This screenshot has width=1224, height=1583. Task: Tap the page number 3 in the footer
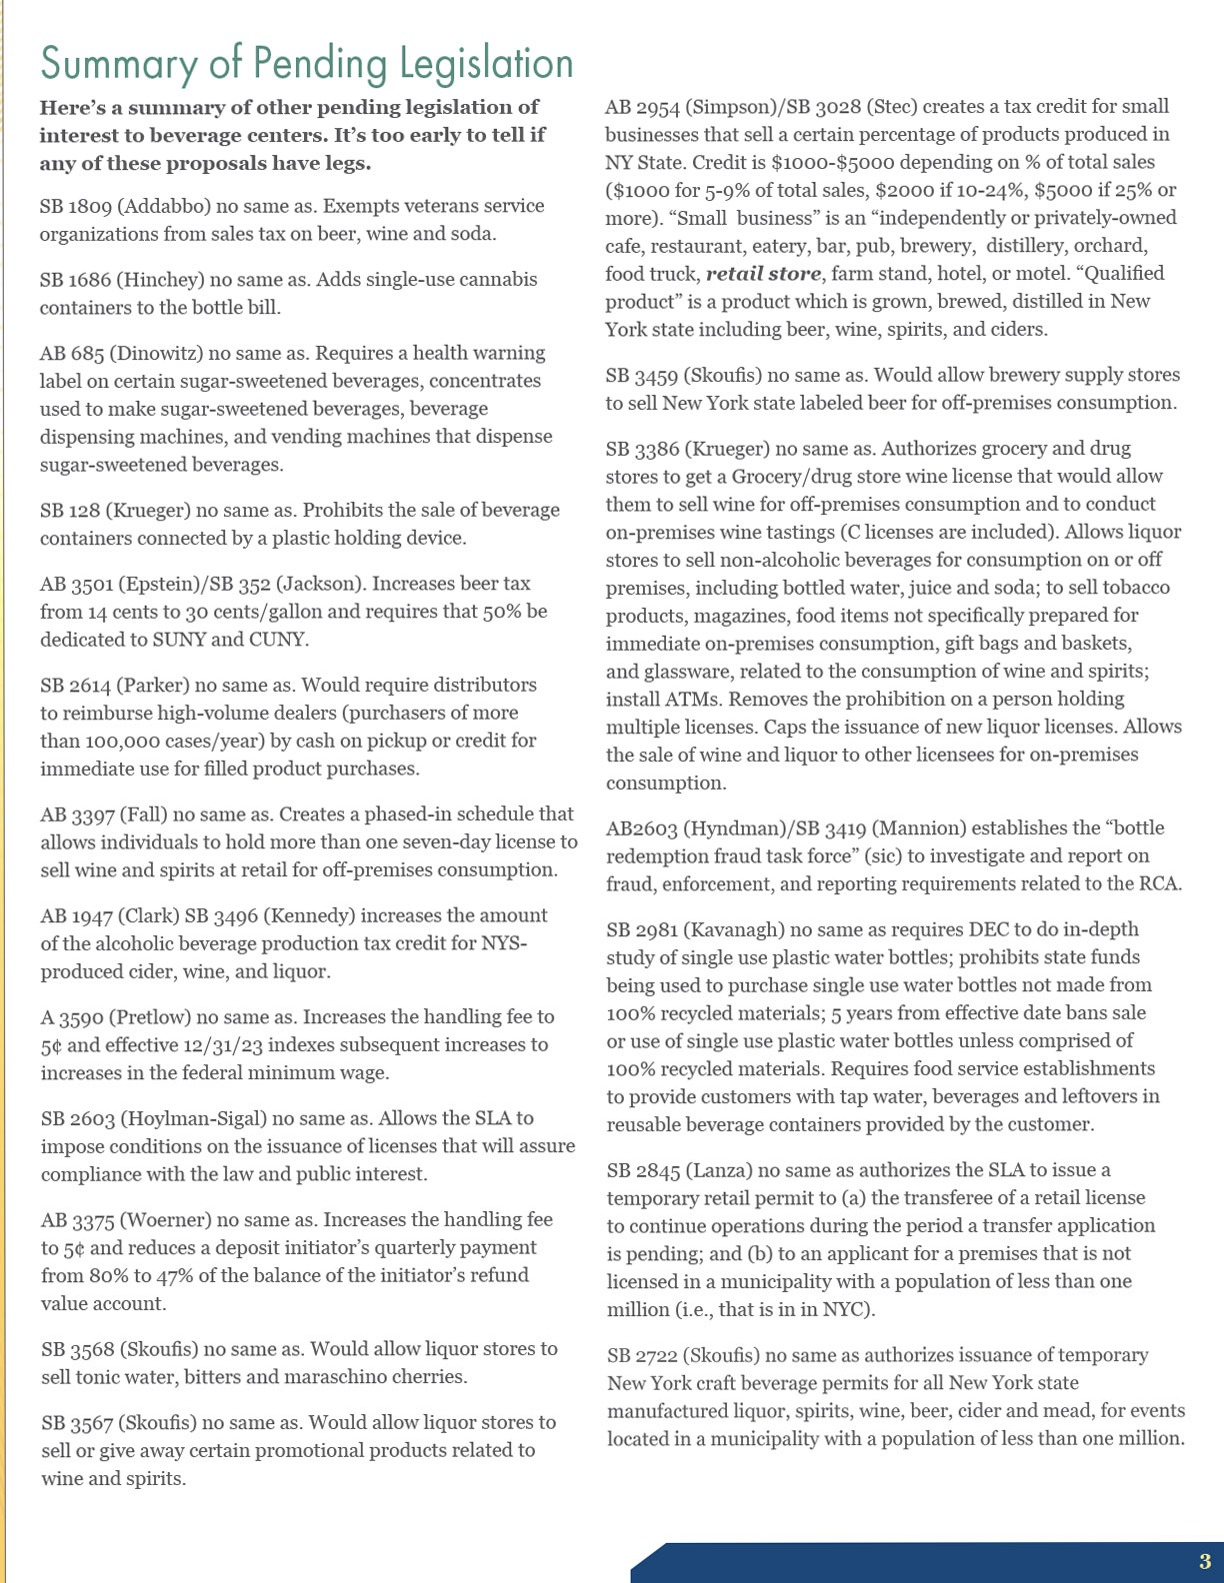(x=1204, y=1562)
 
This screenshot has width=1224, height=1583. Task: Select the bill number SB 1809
(x=75, y=206)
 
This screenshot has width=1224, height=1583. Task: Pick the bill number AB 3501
(x=75, y=584)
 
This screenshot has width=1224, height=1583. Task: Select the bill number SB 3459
(x=640, y=376)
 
